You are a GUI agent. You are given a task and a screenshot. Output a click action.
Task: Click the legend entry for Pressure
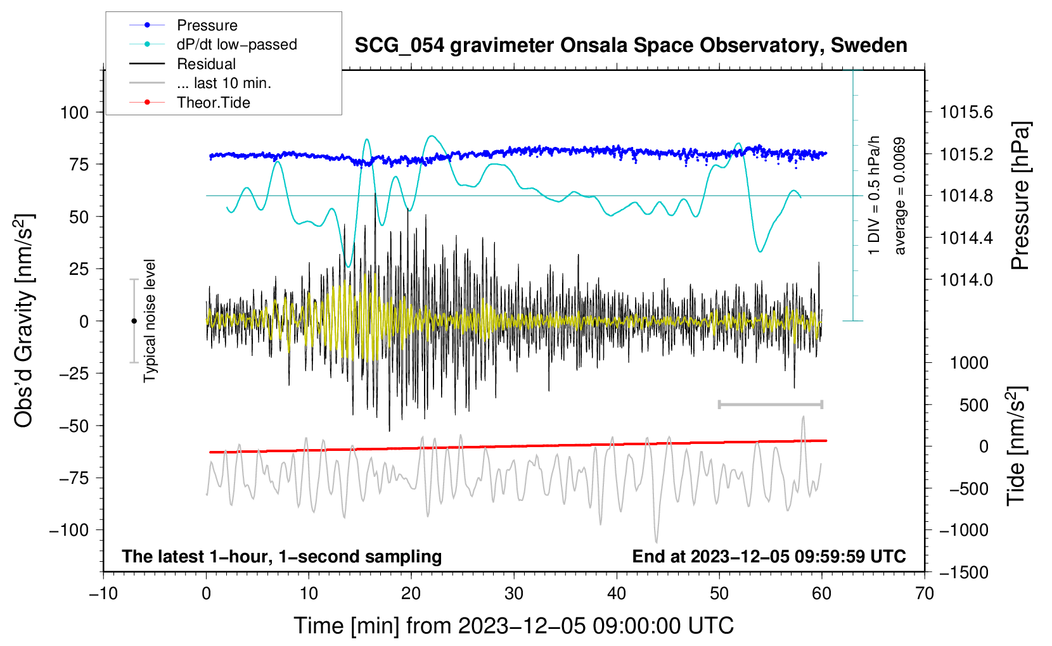[x=207, y=25]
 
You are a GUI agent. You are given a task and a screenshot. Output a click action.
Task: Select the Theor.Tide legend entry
[x=213, y=103]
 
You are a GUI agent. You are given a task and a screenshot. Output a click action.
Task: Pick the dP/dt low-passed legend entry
[x=236, y=44]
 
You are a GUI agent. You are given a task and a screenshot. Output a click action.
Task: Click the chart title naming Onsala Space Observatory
[x=631, y=46]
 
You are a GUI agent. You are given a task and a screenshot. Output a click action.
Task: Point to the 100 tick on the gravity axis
[x=74, y=113]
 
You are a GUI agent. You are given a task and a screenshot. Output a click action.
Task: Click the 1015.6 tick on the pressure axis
[x=966, y=113]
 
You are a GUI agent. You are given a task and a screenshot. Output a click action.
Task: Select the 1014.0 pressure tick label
[x=966, y=280]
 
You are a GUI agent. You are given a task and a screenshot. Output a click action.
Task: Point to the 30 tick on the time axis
[x=514, y=593]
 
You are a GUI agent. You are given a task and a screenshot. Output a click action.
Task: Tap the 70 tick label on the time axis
[x=925, y=593]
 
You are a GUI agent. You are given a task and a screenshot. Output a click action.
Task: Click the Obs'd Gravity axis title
[x=24, y=320]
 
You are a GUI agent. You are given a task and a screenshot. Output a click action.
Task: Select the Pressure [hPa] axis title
[x=1020, y=196]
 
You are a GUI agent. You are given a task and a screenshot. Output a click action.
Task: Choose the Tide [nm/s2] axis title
[x=1017, y=447]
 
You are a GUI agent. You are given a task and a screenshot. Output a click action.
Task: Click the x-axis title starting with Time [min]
[x=514, y=626]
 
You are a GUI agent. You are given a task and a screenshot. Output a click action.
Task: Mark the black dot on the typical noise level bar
[x=134, y=321]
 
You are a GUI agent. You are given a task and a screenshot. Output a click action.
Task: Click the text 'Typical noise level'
[x=150, y=320]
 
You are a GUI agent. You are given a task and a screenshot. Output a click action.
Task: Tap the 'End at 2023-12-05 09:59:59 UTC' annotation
[x=769, y=557]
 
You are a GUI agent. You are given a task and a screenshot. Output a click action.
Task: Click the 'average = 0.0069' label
[x=900, y=196]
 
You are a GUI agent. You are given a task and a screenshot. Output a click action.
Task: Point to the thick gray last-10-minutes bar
[x=770, y=404]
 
